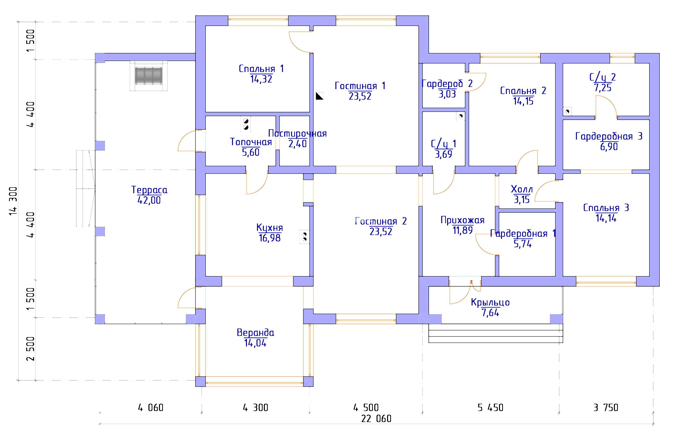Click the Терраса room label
point(149,190)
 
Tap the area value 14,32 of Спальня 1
point(261,79)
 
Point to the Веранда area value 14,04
point(255,343)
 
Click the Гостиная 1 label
point(360,86)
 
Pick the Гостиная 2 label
point(381,221)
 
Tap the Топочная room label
point(251,142)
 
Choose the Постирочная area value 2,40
point(297,144)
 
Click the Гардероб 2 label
point(447,84)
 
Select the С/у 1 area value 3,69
point(443,154)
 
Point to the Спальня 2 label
point(523,91)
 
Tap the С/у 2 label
point(603,77)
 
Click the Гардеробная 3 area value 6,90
point(609,147)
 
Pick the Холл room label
point(522,189)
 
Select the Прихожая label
point(463,220)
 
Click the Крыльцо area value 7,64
point(490,313)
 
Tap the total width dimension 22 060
point(376,419)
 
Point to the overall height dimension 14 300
point(13,201)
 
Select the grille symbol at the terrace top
point(148,76)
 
